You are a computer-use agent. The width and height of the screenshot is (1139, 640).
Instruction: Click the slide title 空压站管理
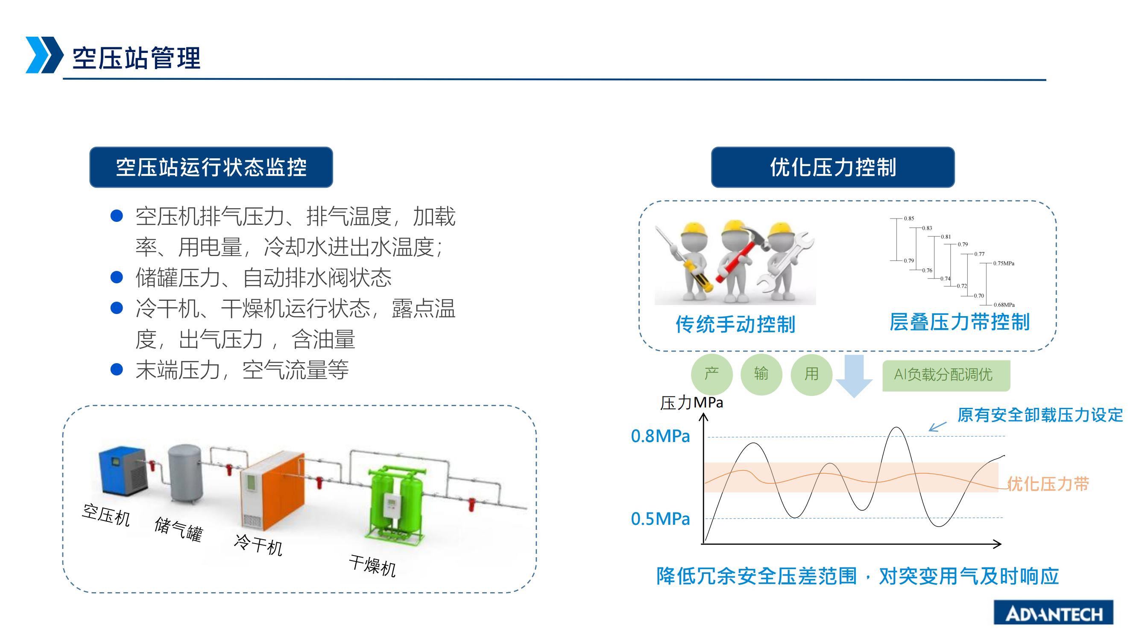(137, 58)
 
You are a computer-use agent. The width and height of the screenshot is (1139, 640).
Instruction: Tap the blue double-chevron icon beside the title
(45, 55)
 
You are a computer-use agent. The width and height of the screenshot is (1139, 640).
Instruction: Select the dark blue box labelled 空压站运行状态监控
(211, 167)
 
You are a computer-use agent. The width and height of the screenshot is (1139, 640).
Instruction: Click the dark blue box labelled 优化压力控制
(833, 167)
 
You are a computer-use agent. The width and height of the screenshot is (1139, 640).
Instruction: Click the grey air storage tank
(186, 474)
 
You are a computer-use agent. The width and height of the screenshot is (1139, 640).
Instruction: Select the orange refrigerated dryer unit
(272, 490)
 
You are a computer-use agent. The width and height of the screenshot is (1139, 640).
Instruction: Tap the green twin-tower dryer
(395, 503)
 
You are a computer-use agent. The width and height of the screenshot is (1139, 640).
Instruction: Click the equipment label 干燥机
(372, 566)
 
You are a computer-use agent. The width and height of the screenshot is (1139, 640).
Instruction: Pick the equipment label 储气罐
(178, 529)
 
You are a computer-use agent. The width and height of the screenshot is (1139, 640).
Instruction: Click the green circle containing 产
(712, 375)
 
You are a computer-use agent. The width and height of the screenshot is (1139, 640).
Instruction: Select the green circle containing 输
(761, 375)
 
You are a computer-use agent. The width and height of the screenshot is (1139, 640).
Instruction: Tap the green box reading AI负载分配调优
(946, 375)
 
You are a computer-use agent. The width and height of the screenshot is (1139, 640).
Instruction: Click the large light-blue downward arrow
(854, 376)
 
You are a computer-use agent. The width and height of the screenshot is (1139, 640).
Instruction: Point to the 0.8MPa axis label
(660, 436)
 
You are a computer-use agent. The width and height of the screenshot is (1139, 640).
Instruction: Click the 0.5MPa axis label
(660, 519)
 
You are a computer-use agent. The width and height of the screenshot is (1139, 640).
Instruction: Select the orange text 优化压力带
(1048, 484)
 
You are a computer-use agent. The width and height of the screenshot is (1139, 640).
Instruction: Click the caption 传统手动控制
(735, 325)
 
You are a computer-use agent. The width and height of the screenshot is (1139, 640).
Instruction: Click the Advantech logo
(1053, 613)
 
